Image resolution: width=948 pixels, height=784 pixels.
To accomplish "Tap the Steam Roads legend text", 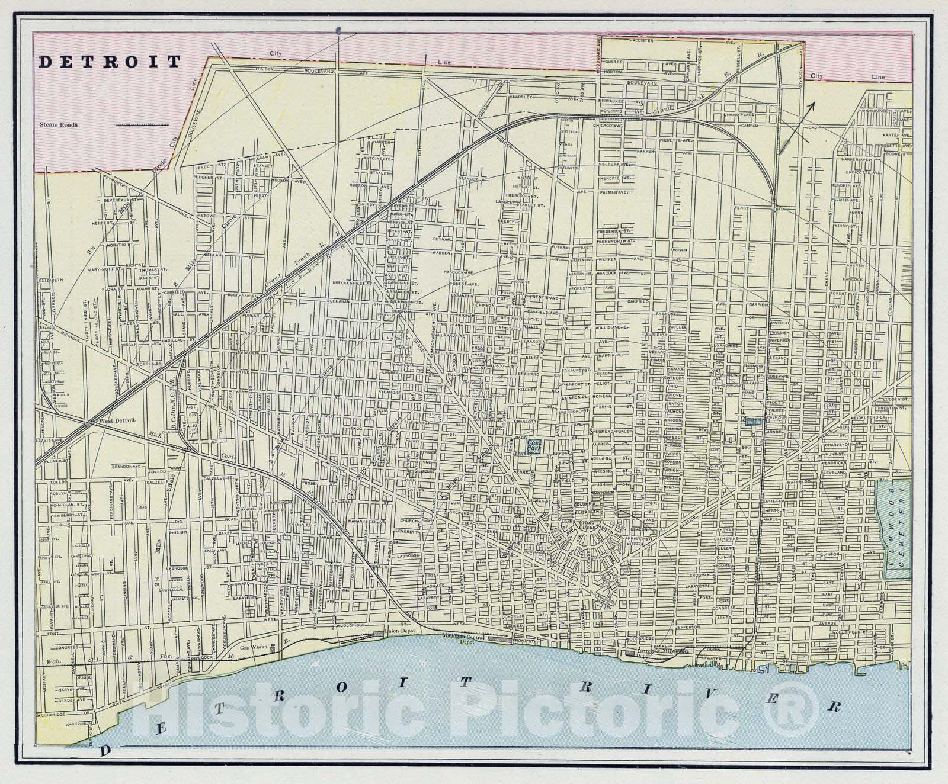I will pos(60,125).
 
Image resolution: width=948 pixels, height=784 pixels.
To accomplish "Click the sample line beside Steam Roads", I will pos(142,125).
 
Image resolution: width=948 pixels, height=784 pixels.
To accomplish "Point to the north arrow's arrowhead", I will pos(812,105).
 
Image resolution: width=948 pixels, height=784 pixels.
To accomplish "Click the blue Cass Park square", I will pos(535,445).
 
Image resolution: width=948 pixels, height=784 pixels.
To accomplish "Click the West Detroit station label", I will pos(117,420).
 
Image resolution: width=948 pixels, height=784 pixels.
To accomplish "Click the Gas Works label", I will pos(251,647).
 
